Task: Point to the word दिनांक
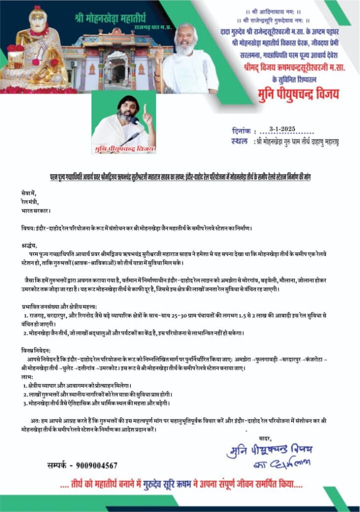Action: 243,130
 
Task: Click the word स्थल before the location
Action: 241,141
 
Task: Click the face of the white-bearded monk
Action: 185,38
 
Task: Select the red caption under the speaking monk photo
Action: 123,149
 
